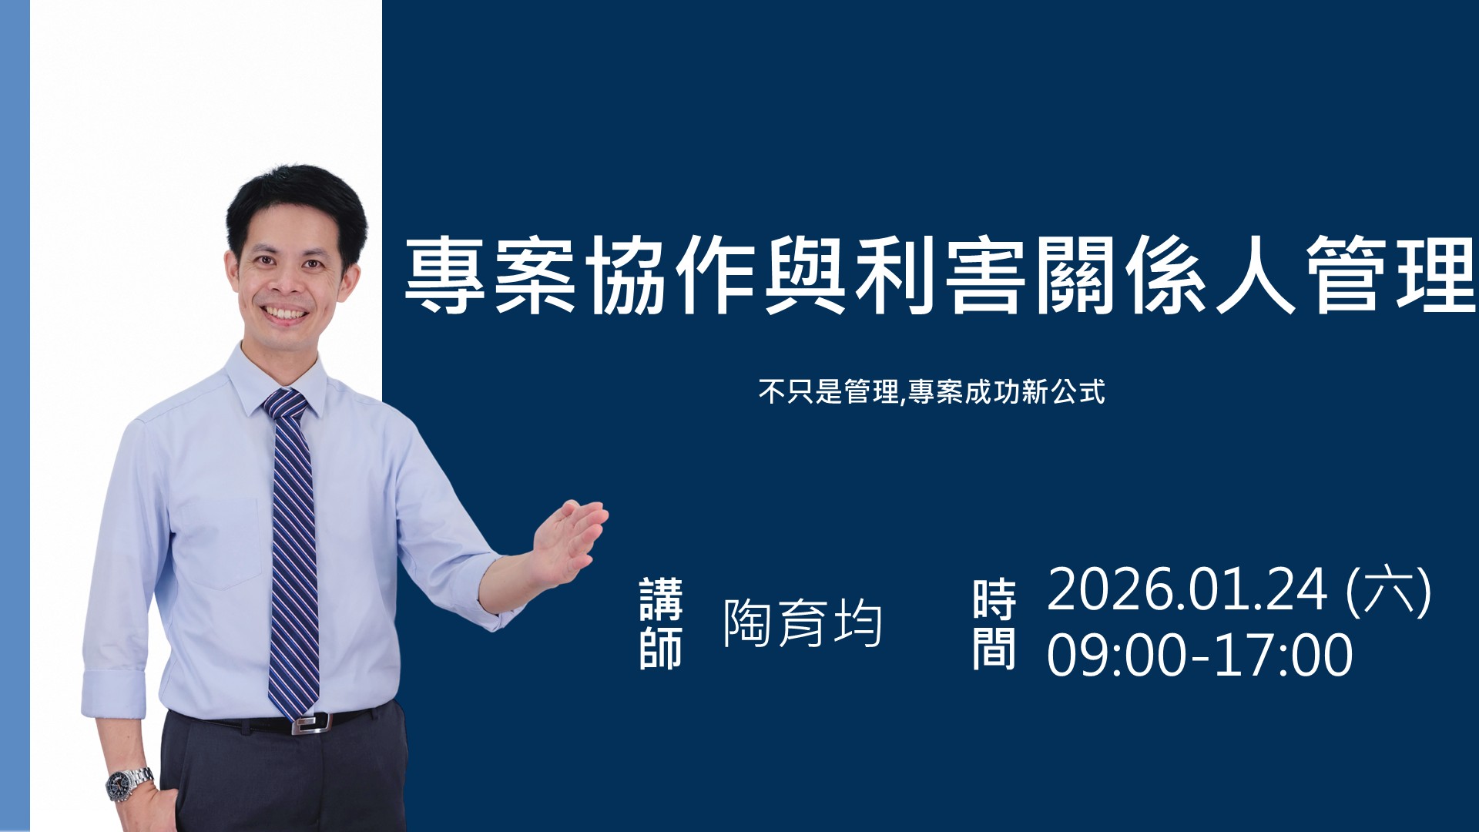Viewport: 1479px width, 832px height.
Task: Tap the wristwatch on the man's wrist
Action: [x=129, y=783]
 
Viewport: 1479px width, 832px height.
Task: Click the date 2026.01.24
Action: [x=1187, y=590]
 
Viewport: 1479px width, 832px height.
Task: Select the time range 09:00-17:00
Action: [x=1199, y=655]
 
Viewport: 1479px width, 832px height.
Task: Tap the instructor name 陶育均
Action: [x=803, y=622]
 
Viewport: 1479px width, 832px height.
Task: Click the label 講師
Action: [x=661, y=623]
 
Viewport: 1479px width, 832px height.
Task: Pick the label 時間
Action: [x=994, y=623]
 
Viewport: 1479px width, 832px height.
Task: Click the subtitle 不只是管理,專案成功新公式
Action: [x=931, y=391]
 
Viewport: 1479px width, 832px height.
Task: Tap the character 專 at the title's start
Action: [x=445, y=275]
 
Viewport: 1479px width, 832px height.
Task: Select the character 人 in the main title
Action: [x=1256, y=275]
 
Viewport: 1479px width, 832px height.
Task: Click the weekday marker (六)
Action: [x=1388, y=591]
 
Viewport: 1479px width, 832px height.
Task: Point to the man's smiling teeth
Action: [x=285, y=314]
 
